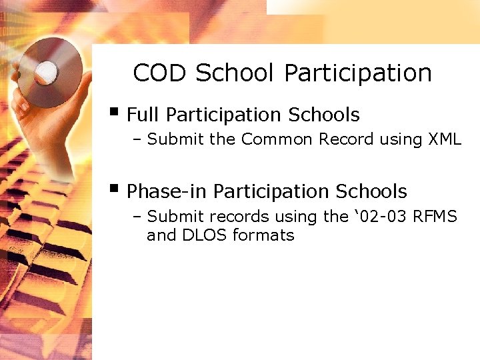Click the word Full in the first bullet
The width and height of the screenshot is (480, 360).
[143, 115]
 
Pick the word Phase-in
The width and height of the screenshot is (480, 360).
[167, 192]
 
